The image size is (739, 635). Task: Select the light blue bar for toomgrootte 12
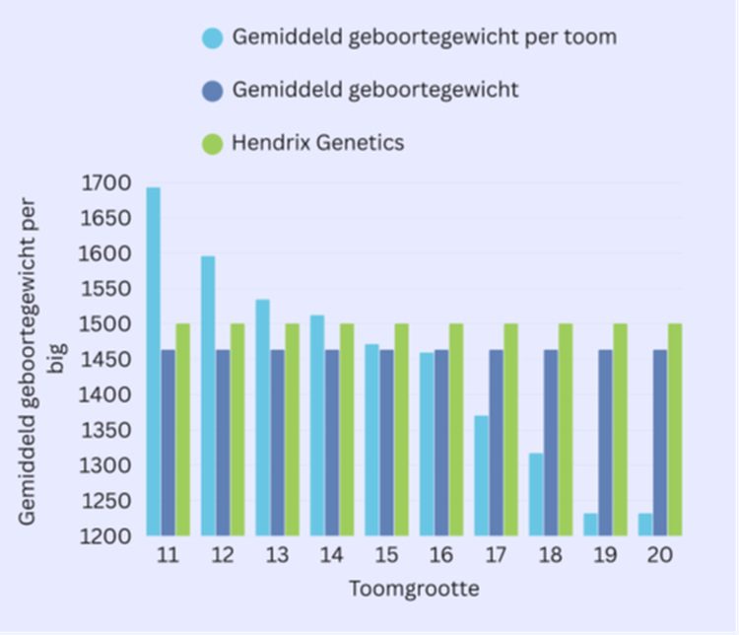tap(208, 395)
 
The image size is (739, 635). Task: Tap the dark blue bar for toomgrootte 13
tap(278, 443)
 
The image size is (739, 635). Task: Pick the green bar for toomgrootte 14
tap(347, 429)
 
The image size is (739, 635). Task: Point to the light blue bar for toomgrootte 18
tap(536, 494)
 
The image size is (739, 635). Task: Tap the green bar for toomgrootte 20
tap(675, 429)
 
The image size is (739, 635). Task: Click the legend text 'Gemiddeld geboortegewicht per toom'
tap(425, 37)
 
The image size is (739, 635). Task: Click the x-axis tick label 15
tap(386, 555)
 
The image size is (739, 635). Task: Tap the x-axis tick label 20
tap(660, 555)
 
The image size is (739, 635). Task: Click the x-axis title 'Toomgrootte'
tap(414, 590)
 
